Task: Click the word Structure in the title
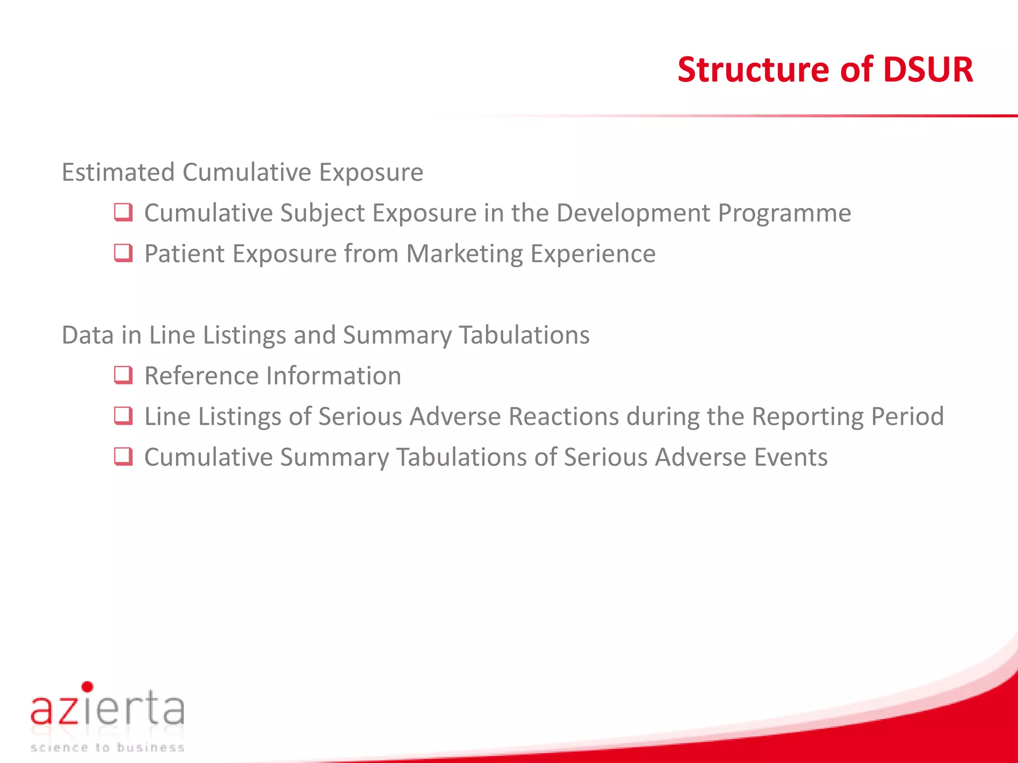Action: [x=753, y=70]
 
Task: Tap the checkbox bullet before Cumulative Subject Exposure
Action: [x=123, y=213]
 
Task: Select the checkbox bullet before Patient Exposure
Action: [x=123, y=253]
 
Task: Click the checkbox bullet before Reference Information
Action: [x=123, y=376]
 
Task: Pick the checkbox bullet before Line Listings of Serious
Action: [x=123, y=416]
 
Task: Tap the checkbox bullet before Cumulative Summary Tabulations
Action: [x=123, y=457]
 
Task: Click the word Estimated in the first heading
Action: [x=118, y=172]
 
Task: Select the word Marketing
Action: [x=464, y=254]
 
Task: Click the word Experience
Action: [x=593, y=254]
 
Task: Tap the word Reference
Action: [x=199, y=376]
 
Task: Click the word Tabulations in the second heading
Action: [x=524, y=335]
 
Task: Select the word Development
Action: [x=633, y=213]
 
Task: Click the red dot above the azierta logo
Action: [x=87, y=687]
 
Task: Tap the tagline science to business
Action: [x=107, y=748]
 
